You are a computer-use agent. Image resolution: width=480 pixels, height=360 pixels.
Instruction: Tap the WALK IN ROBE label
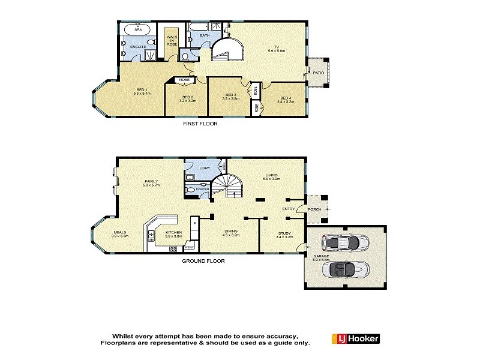172,41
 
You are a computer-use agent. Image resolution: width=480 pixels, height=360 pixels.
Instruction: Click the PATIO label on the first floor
319,73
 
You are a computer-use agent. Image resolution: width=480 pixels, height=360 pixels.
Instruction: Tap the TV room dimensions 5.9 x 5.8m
277,51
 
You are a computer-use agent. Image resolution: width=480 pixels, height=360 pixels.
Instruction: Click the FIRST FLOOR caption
200,124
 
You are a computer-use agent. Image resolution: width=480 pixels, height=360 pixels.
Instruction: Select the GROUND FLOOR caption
204,262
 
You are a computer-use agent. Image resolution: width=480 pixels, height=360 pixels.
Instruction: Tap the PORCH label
314,209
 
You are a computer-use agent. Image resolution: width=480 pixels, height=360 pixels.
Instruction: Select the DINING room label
231,234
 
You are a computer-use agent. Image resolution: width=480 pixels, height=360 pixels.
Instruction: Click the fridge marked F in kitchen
193,223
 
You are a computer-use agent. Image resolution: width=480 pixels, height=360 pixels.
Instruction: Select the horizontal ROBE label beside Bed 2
184,80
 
